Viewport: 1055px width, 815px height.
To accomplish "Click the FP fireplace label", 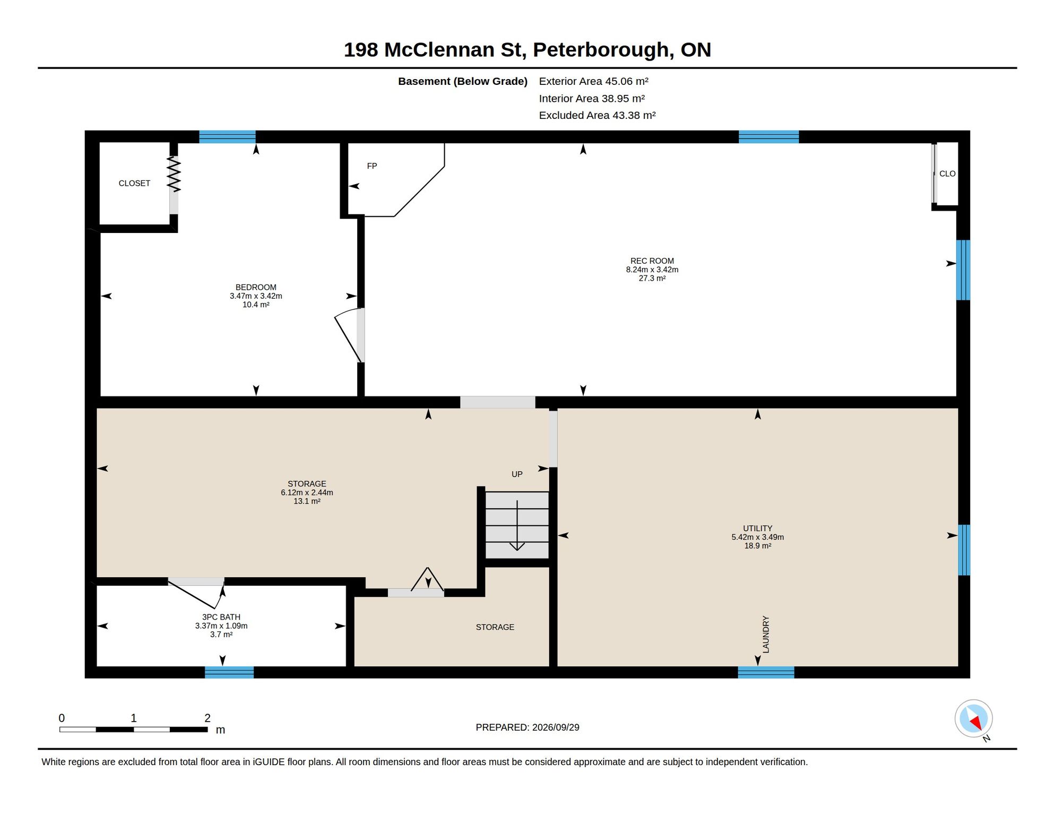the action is pyautogui.click(x=372, y=166).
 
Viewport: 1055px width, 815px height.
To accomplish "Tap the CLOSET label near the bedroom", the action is pyautogui.click(x=134, y=183).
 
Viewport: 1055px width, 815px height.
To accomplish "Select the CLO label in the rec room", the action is pyautogui.click(x=947, y=174).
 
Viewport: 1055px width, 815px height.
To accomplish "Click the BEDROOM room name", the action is pyautogui.click(x=256, y=287).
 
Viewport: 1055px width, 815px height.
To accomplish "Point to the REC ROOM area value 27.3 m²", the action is pyautogui.click(x=652, y=278).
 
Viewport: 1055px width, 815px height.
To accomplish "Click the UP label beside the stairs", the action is pyautogui.click(x=517, y=474).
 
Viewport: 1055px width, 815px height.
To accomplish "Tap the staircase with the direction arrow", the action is pyautogui.click(x=517, y=525).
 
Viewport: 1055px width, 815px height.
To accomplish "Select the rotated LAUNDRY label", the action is pyautogui.click(x=766, y=635).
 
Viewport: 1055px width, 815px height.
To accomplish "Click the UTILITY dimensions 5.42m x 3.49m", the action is pyautogui.click(x=757, y=537).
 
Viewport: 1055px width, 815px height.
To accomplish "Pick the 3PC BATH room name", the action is pyautogui.click(x=221, y=617).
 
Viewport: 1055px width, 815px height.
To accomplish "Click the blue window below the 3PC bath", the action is pyautogui.click(x=229, y=672).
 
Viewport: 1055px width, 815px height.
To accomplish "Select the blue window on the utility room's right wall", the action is pyautogui.click(x=964, y=550).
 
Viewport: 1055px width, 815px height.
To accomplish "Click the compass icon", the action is pyautogui.click(x=974, y=719).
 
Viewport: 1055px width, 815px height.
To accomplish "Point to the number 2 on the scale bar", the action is pyautogui.click(x=207, y=718).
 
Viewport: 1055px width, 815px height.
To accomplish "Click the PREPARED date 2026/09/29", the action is pyautogui.click(x=556, y=727).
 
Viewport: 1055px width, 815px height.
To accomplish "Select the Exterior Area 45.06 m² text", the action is pyautogui.click(x=594, y=81).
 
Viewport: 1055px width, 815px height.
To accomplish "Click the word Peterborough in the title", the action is pyautogui.click(x=603, y=50).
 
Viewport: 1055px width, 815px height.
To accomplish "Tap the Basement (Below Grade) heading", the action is pyautogui.click(x=463, y=81).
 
